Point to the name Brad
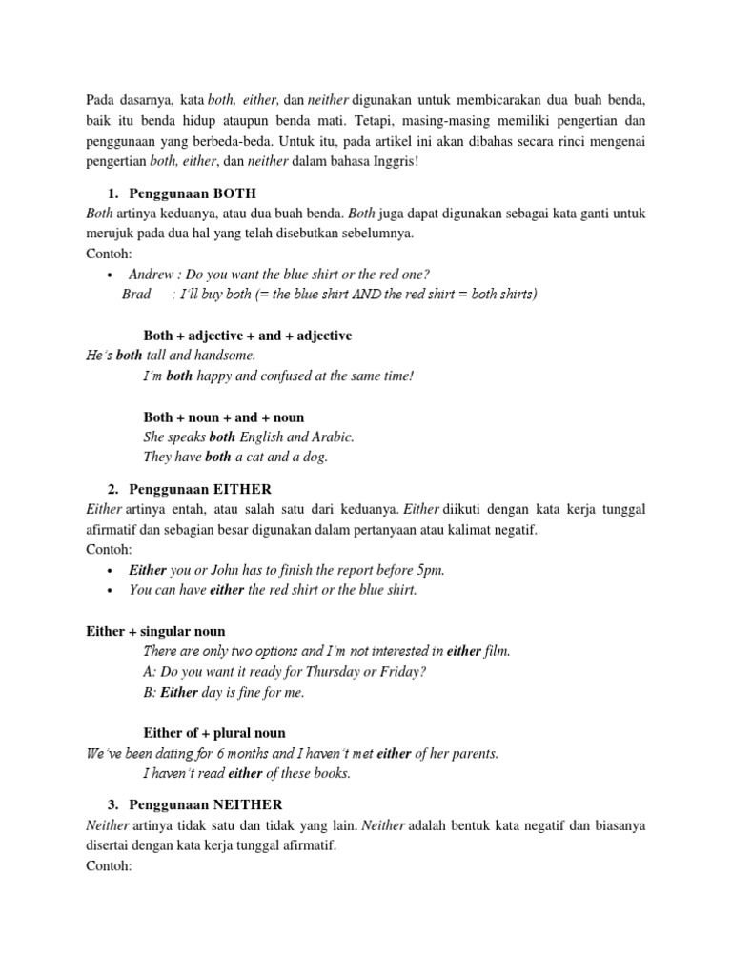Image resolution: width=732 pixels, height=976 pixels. [136, 294]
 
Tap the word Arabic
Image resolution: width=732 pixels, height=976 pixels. [332, 437]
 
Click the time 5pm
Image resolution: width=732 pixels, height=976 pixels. [427, 570]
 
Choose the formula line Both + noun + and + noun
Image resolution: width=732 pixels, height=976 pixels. [224, 417]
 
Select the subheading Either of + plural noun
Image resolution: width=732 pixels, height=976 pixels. [214, 733]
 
